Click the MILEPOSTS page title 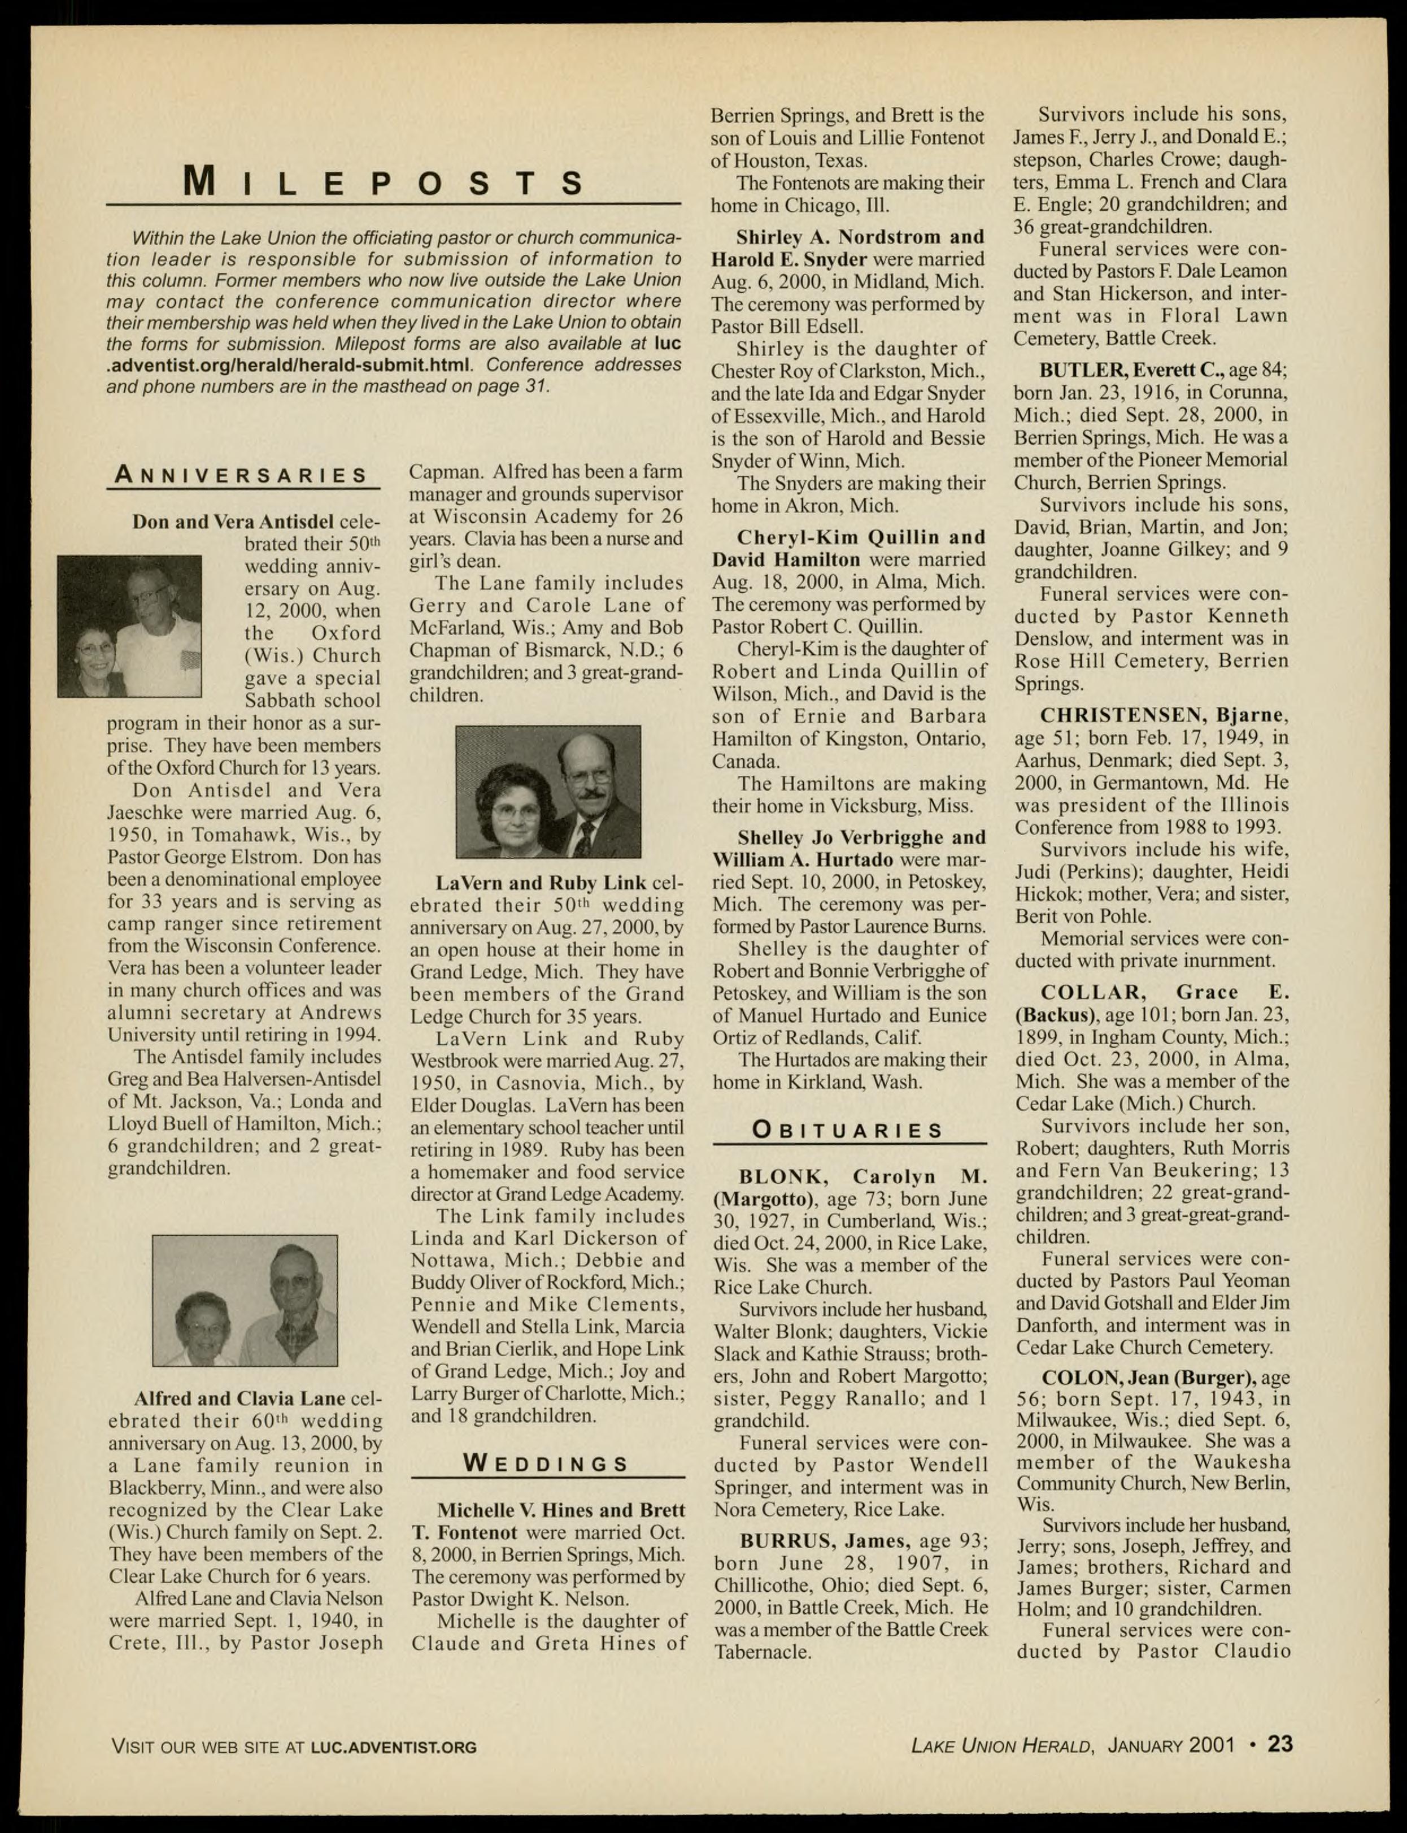(x=385, y=183)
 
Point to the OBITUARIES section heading (x=848, y=1130)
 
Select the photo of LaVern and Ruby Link (x=548, y=792)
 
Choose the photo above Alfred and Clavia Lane (x=245, y=1300)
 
